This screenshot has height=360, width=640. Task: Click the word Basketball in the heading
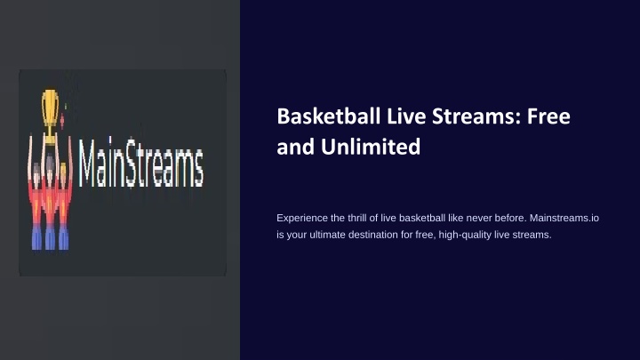[329, 116]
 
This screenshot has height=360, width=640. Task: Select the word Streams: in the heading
[476, 116]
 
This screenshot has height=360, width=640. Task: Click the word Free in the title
[548, 116]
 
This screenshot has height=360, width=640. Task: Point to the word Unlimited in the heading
[371, 147]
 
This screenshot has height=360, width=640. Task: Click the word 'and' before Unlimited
[295, 147]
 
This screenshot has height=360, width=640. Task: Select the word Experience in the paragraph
[302, 219]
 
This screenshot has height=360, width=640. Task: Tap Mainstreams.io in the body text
[564, 218]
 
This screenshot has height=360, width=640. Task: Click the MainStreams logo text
[140, 163]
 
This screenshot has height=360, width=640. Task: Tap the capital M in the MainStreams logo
[89, 164]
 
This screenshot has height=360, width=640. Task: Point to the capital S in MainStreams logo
[133, 164]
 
